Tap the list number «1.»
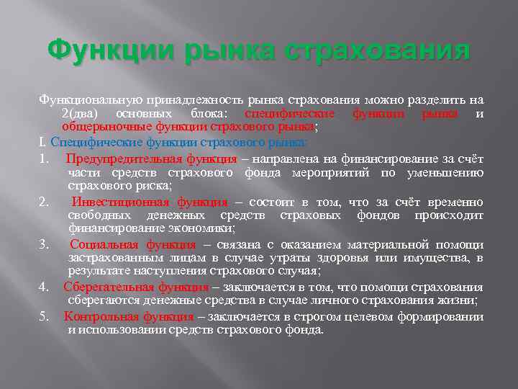tap(45, 158)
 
